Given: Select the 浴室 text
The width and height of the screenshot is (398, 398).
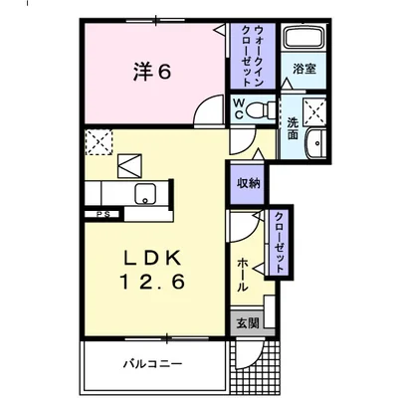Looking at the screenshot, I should pyautogui.click(x=303, y=71).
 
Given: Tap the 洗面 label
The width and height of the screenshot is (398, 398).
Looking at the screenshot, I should pyautogui.click(x=293, y=127).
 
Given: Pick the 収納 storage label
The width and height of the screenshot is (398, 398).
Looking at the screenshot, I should pyautogui.click(x=248, y=182).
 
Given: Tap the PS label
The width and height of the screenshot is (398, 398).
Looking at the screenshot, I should pyautogui.click(x=101, y=213).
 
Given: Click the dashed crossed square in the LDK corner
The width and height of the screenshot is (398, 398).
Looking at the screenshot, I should pyautogui.click(x=98, y=143).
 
